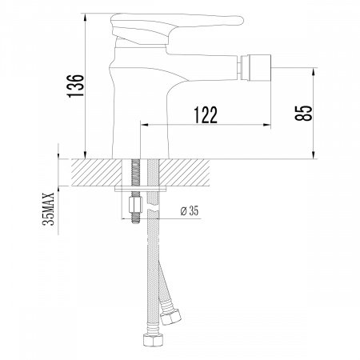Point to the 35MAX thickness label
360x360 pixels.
[x=48, y=209]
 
